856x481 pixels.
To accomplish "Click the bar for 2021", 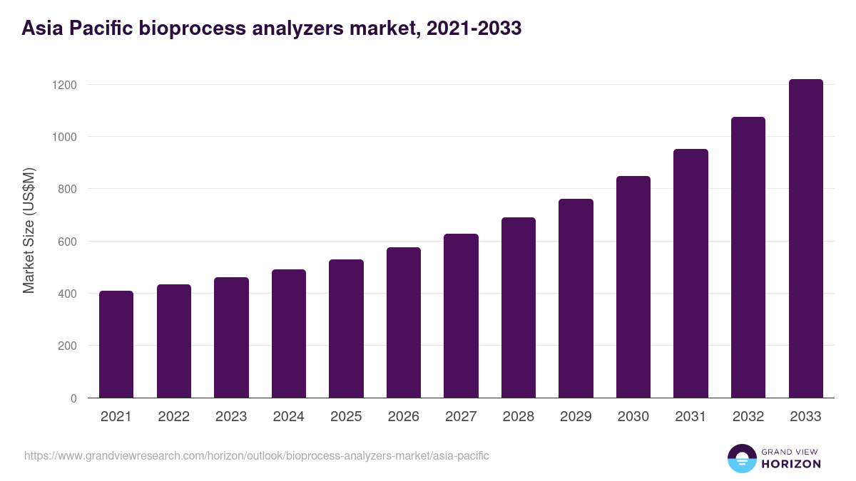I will tap(116, 344).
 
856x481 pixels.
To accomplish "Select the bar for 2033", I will tap(805, 239).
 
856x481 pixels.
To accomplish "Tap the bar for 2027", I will tap(461, 316).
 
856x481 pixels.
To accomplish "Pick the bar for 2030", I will tap(633, 286).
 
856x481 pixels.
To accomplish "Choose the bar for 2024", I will tap(289, 333).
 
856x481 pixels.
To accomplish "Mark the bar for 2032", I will tap(748, 257).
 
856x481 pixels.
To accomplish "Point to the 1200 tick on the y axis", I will tap(64, 85).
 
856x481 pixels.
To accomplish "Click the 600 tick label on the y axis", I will tap(67, 242).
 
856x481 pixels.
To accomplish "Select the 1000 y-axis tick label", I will tap(64, 137).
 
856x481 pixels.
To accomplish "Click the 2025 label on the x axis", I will tap(346, 417).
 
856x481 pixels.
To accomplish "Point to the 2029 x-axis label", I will tap(576, 417).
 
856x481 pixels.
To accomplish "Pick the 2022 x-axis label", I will tap(174, 417).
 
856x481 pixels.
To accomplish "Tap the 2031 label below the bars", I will tap(691, 417).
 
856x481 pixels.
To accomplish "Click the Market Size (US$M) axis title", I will tap(29, 230).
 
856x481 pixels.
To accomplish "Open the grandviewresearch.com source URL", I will tap(257, 455).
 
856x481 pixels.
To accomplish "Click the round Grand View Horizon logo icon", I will tap(741, 458).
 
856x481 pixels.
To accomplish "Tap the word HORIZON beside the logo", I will tap(791, 464).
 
